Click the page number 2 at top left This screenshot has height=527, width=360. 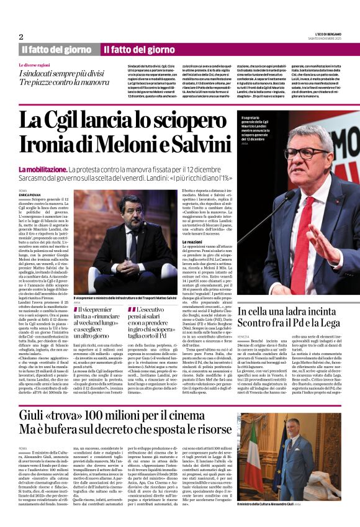pyautogui.click(x=21, y=37)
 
